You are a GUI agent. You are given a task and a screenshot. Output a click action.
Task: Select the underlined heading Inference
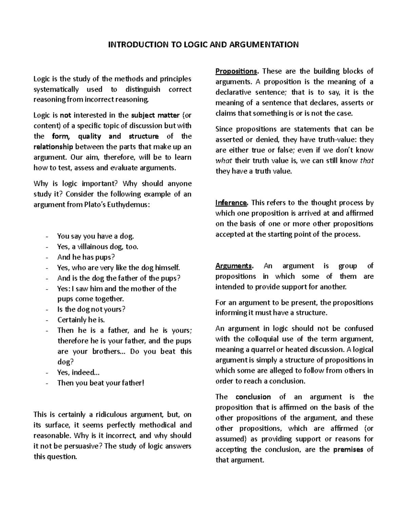pos(232,203)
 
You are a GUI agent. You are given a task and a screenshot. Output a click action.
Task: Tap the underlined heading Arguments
pos(234,266)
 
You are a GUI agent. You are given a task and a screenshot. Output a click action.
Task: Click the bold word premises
pos(348,450)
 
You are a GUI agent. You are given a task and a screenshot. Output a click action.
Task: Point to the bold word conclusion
pos(253,397)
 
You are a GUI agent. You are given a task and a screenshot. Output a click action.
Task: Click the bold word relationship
pos(53,147)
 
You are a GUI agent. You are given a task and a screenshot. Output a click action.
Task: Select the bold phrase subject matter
pos(155,115)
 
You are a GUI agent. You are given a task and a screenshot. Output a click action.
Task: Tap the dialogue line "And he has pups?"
pos(86,257)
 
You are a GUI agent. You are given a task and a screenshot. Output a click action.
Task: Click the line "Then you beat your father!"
pos(101,383)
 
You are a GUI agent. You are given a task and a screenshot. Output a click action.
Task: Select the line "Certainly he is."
pos(81,320)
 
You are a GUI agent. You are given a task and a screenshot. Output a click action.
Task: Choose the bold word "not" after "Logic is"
pos(65,115)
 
